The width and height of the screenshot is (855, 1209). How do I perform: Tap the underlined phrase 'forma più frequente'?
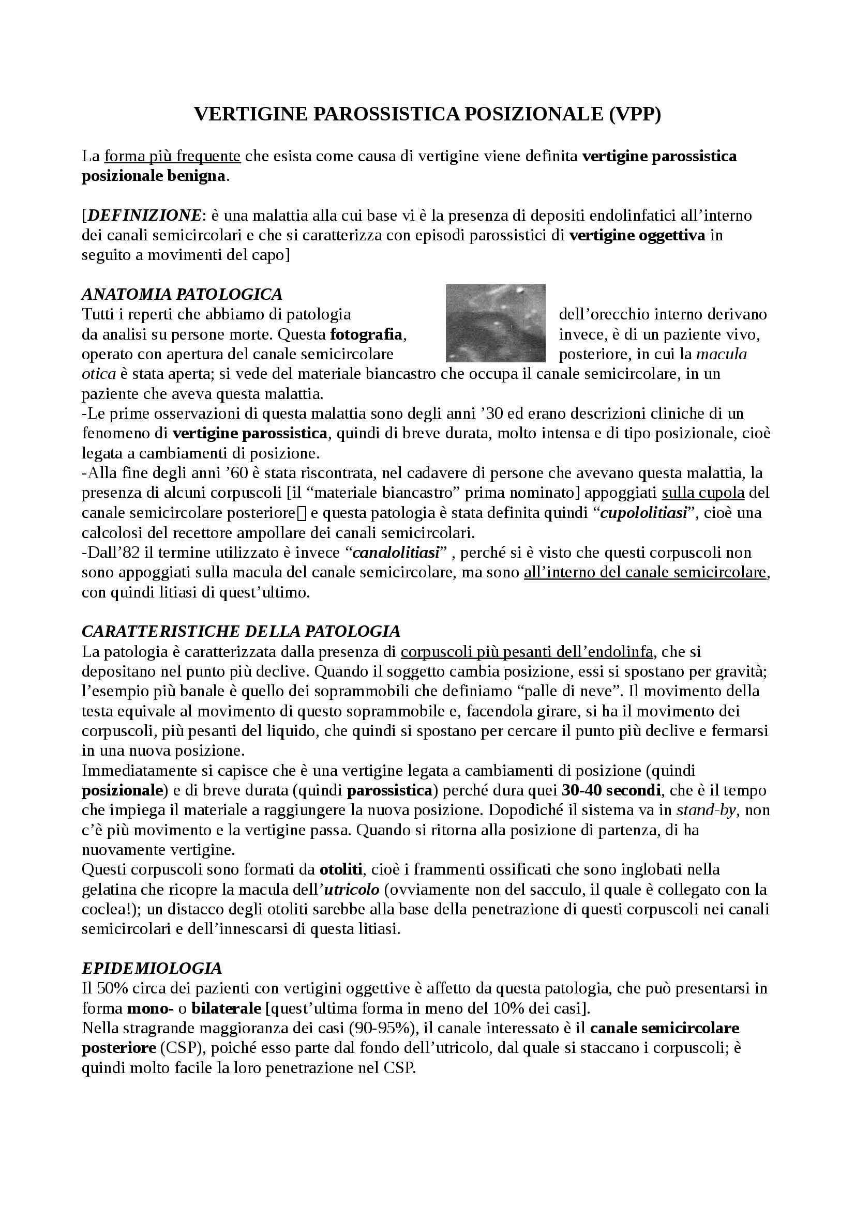[173, 157]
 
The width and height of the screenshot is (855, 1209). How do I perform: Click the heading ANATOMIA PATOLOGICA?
[182, 294]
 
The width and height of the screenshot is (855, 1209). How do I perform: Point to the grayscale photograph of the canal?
[495, 323]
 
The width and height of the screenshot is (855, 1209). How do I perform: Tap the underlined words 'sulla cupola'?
[703, 493]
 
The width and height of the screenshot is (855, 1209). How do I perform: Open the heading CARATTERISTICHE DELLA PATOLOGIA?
[241, 631]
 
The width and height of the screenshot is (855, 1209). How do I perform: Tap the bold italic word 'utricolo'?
[352, 890]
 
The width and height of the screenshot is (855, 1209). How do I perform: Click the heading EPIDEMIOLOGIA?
[152, 968]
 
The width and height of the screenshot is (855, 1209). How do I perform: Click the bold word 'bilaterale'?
[227, 1008]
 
